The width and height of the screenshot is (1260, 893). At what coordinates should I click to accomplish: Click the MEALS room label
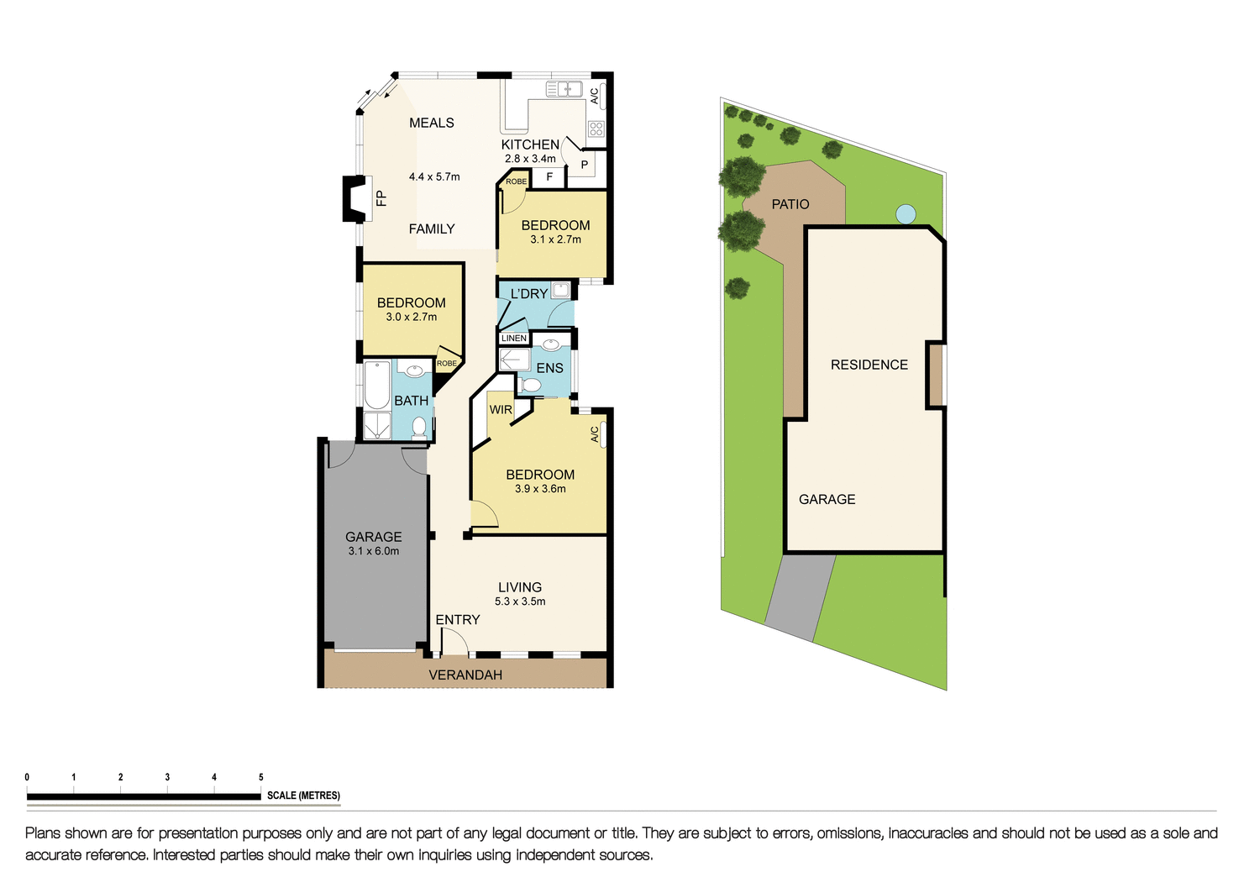pos(431,123)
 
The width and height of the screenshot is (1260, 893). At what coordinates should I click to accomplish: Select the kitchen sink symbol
pos(564,88)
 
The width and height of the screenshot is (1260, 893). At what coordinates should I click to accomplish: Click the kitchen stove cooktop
pos(596,129)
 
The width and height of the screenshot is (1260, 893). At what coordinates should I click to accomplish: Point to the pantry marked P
pos(585,165)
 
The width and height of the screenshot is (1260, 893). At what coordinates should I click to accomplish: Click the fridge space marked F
pos(549,177)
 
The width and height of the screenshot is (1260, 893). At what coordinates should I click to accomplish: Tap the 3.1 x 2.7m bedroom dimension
pos(555,239)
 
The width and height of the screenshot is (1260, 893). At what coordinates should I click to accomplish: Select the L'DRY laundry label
pos(528,294)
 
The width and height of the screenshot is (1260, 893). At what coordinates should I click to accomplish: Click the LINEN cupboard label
pos(514,339)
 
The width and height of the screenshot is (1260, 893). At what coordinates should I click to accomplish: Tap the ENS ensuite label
pos(549,368)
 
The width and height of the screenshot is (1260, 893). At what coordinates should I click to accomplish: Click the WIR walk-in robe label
pos(501,410)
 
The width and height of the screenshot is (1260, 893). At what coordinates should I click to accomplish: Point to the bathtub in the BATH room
pos(377,385)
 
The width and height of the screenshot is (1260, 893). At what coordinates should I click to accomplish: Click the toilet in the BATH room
pos(418,427)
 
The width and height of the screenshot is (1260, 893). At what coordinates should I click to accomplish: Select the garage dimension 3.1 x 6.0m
pos(373,551)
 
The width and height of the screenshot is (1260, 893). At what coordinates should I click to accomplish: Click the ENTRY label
pos(457,620)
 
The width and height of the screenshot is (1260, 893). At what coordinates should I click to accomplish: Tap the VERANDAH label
pos(465,675)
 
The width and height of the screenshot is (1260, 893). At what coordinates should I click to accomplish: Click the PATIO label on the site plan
pos(790,204)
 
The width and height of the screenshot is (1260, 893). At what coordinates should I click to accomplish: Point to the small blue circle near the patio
pos(905,214)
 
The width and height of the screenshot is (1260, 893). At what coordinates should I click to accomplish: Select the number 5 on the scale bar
pos(261,777)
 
